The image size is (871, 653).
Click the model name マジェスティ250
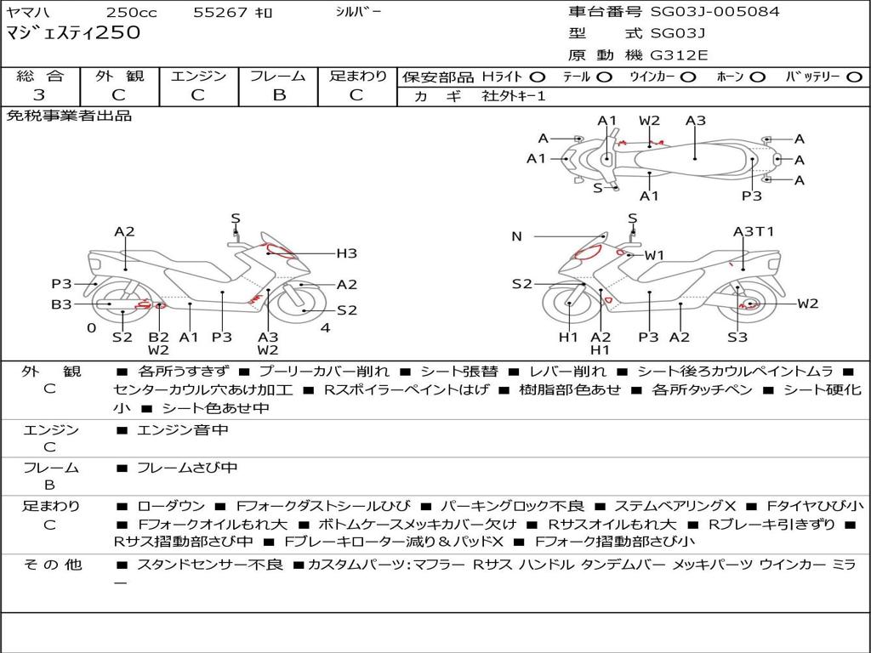73,34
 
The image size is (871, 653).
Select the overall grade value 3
39,94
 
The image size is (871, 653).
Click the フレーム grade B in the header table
278,94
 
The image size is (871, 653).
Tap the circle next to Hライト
537,77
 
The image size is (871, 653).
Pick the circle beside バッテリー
855,77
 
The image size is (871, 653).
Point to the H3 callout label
346,253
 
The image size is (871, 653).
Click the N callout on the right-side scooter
516,236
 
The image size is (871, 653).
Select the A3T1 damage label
754,231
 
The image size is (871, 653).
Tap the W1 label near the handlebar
654,255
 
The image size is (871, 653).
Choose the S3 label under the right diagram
737,337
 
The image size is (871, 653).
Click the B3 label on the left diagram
61,304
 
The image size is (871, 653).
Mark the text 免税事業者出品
69,116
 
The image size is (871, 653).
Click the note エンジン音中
182,430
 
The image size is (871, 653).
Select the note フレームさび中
187,468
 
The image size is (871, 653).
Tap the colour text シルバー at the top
358,12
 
